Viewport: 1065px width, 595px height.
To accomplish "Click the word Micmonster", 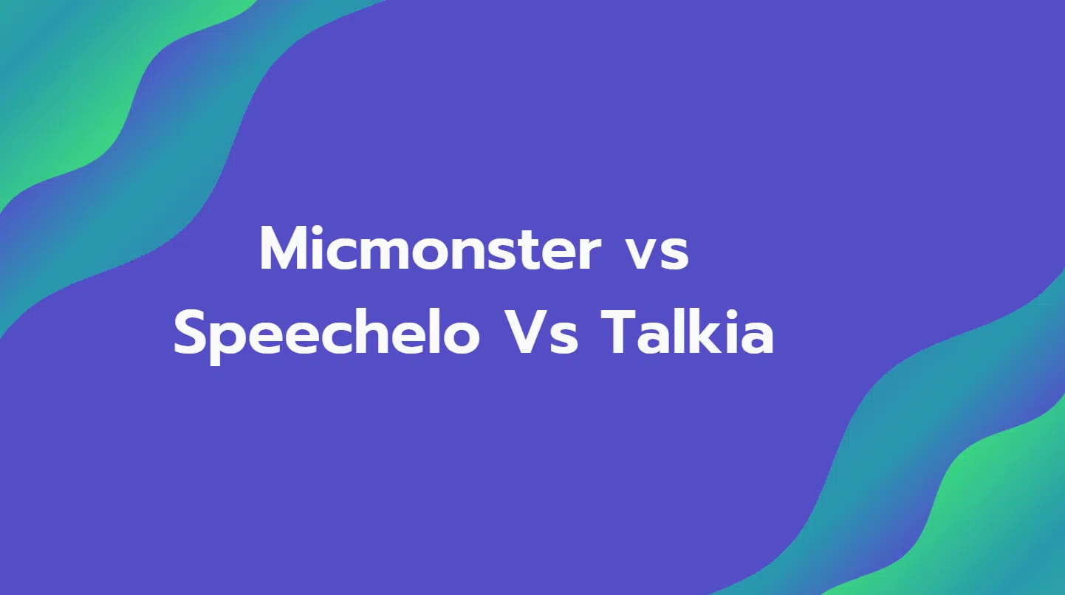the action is tap(431, 248).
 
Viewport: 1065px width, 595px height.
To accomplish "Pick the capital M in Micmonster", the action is tap(285, 249).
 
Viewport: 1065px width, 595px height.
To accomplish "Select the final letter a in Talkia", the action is tap(757, 338).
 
